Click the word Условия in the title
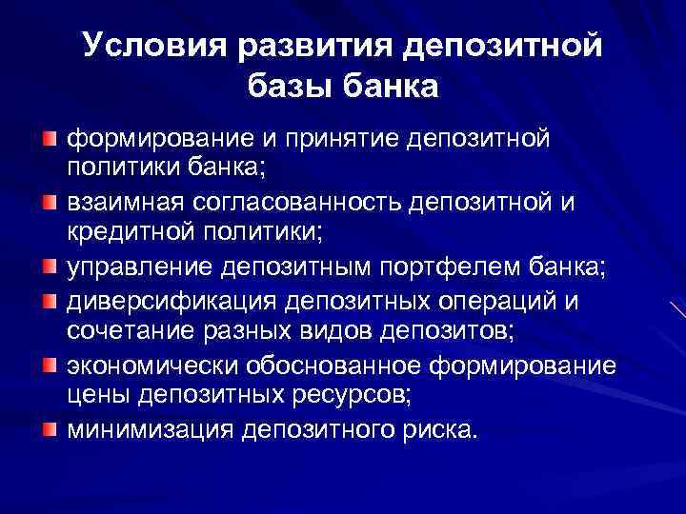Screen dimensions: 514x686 141,46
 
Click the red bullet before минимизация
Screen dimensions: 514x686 50,427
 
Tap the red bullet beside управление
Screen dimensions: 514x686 50,267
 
